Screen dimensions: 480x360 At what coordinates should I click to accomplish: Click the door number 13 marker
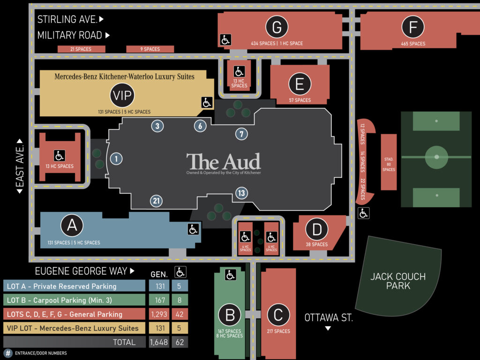241,193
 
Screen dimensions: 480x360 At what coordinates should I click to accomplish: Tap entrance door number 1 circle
116,159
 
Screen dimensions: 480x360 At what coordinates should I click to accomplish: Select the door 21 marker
157,201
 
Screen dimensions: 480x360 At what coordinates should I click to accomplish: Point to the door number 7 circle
241,134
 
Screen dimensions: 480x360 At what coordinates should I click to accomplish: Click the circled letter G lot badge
277,27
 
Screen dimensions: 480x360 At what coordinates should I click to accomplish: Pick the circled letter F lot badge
413,27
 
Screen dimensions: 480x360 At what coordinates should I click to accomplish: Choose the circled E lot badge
300,84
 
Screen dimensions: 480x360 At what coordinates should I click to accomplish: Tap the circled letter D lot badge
317,229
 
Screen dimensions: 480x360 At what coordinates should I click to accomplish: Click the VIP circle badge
122,95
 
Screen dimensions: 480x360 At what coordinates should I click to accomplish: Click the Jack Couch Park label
398,281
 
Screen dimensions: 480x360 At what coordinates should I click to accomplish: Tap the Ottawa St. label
329,318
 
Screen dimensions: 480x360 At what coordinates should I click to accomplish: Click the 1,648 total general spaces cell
159,342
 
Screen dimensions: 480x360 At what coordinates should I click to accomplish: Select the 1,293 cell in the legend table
159,314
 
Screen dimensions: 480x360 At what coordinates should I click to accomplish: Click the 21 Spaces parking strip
82,49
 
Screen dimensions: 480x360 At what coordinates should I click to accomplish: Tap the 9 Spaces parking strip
150,49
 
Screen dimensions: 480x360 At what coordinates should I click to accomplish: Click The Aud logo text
224,162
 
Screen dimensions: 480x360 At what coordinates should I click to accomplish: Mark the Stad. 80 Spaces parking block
389,162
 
